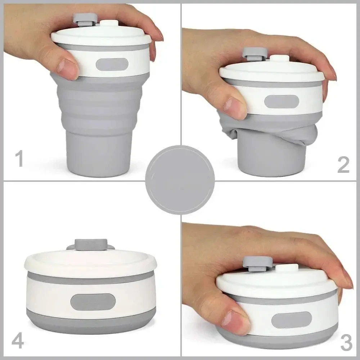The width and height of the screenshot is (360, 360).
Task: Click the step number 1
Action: click(x=19, y=159)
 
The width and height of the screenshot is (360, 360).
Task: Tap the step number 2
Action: click(x=343, y=165)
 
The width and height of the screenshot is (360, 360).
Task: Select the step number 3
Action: click(x=346, y=343)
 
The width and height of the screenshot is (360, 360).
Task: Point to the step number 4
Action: click(x=18, y=341)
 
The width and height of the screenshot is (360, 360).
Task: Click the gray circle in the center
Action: click(x=180, y=180)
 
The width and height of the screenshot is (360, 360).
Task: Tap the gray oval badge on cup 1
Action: click(x=112, y=64)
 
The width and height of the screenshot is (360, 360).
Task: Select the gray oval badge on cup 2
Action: click(x=282, y=102)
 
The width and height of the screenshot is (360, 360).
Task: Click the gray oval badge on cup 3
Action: click(x=292, y=320)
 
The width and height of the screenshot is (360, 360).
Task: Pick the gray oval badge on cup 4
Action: click(x=93, y=302)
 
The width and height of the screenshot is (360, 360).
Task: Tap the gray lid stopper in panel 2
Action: click(x=254, y=53)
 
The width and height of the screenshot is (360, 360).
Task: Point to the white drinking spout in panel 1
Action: click(x=107, y=23)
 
